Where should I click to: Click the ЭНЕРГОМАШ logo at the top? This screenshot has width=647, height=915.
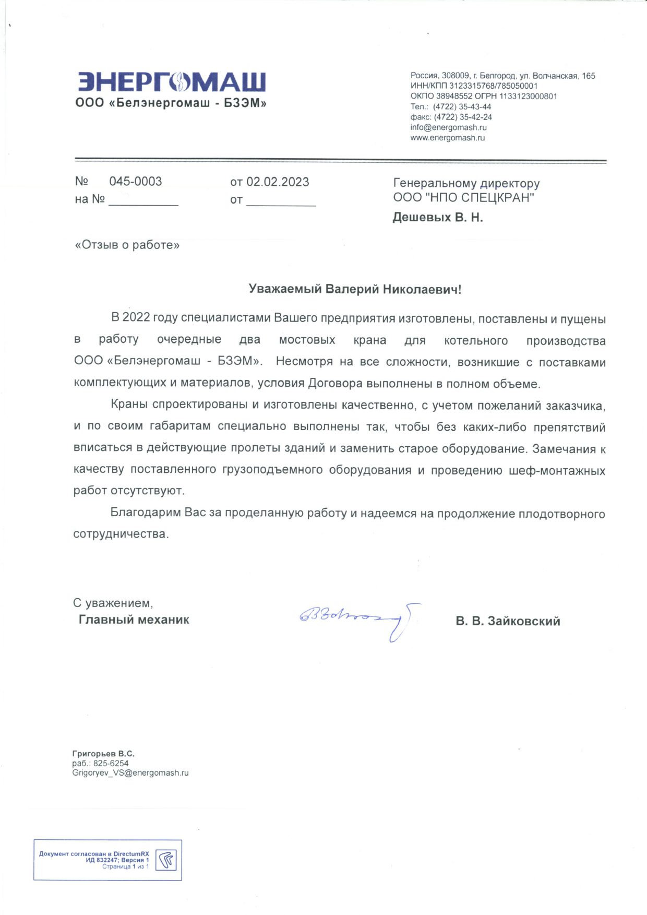pyautogui.click(x=172, y=82)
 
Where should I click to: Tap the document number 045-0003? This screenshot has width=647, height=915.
pyautogui.click(x=135, y=182)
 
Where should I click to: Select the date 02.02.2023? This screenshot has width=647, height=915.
pyautogui.click(x=278, y=182)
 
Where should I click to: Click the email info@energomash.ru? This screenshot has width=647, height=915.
pyautogui.click(x=448, y=127)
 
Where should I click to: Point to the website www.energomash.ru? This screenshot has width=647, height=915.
pyautogui.click(x=447, y=138)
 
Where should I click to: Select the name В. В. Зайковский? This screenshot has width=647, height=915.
pyautogui.click(x=508, y=621)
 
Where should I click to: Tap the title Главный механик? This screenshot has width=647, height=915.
pyautogui.click(x=134, y=620)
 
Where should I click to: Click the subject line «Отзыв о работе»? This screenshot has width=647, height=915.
pyautogui.click(x=127, y=245)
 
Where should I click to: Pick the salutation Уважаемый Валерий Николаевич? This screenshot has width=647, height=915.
pyautogui.click(x=355, y=289)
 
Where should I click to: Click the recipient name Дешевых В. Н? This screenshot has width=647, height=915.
pyautogui.click(x=437, y=218)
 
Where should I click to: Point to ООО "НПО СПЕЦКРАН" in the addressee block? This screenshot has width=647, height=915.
pyautogui.click(x=463, y=198)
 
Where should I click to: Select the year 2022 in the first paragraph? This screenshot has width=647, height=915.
pyautogui.click(x=136, y=318)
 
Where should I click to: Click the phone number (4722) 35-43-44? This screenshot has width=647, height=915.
pyautogui.click(x=462, y=106)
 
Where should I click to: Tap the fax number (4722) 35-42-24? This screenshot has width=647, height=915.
pyautogui.click(x=463, y=117)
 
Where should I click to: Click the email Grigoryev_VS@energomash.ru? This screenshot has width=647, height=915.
pyautogui.click(x=130, y=773)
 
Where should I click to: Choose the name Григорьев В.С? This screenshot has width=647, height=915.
pyautogui.click(x=103, y=754)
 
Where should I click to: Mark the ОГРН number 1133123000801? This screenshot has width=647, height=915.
pyautogui.click(x=528, y=96)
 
